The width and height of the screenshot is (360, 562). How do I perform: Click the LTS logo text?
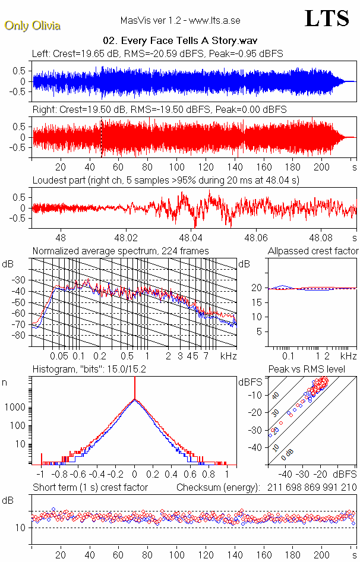[x=327, y=18]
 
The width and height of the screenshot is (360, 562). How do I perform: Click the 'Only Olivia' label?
[x=33, y=26]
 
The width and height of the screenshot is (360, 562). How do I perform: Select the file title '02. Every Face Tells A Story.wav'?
[x=179, y=42]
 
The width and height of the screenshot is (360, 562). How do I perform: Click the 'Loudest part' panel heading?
[x=166, y=180]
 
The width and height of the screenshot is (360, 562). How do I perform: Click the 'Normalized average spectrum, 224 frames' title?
[x=121, y=251]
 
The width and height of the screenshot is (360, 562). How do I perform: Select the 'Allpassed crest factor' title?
[x=313, y=251]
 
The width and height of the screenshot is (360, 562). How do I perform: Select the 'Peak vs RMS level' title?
[x=315, y=370]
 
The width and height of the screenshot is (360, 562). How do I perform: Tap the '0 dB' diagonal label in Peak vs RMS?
[x=288, y=454]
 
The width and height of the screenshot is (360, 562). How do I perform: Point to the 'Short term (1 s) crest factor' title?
[x=90, y=488]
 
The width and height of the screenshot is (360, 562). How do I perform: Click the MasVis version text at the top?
[x=180, y=20]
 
